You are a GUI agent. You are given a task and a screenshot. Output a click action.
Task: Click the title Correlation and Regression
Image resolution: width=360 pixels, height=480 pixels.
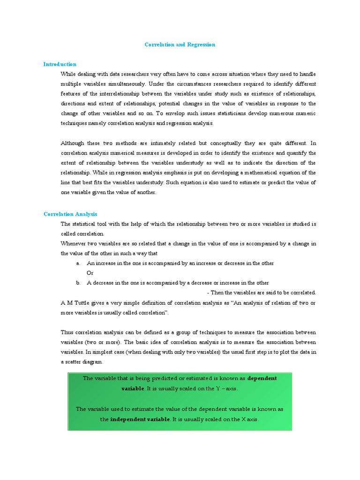click(x=180, y=45)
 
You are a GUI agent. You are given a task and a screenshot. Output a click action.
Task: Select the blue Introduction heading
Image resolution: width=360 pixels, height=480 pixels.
click(x=60, y=64)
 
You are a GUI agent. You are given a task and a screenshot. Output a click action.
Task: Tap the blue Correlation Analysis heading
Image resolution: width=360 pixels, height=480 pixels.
click(x=70, y=214)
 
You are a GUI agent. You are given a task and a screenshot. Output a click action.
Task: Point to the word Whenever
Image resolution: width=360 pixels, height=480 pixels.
click(x=74, y=243)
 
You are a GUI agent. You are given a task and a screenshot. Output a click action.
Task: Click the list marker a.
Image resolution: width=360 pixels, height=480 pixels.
click(x=78, y=263)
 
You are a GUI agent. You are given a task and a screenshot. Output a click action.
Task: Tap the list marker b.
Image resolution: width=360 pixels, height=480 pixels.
click(x=78, y=283)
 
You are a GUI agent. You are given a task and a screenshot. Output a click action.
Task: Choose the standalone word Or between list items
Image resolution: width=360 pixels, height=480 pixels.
click(x=90, y=273)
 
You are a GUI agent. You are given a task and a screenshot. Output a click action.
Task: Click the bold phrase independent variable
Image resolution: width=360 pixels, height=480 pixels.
click(x=140, y=420)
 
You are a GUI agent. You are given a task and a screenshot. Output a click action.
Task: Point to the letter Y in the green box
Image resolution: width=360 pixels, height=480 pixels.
click(x=218, y=389)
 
